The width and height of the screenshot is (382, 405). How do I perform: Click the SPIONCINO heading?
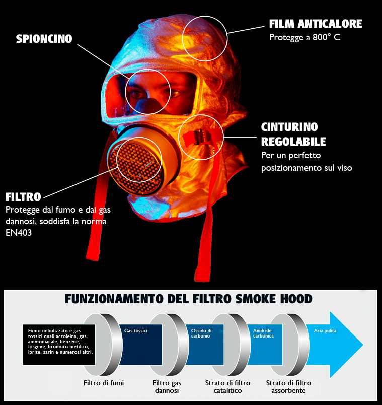[x=44, y=39]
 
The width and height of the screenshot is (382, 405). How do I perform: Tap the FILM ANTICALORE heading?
[x=316, y=24]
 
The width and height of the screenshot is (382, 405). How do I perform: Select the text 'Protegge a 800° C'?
[x=304, y=37]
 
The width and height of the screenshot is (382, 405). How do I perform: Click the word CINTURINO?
[x=289, y=127]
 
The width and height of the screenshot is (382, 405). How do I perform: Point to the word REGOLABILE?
[x=293, y=141]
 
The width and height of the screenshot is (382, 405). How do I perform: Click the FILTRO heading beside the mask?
[x=23, y=197]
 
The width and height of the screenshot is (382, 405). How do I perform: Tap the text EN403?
[x=19, y=233]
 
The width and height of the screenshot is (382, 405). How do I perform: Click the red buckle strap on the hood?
[x=197, y=137]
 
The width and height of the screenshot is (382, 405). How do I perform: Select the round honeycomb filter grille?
[x=136, y=169]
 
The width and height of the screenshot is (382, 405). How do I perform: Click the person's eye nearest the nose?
[x=138, y=94]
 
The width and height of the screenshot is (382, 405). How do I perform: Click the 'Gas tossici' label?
[x=136, y=330]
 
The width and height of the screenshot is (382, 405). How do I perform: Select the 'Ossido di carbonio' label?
[x=201, y=333]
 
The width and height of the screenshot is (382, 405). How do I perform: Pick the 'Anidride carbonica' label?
[x=263, y=333]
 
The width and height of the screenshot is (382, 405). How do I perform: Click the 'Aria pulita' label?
[x=325, y=330]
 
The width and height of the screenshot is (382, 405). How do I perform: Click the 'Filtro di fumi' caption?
[x=104, y=383]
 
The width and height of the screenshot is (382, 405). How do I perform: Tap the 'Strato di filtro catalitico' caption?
[x=227, y=387]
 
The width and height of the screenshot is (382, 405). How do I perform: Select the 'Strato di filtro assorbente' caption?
[x=288, y=387]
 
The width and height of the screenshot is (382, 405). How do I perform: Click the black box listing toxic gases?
[x=59, y=345]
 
